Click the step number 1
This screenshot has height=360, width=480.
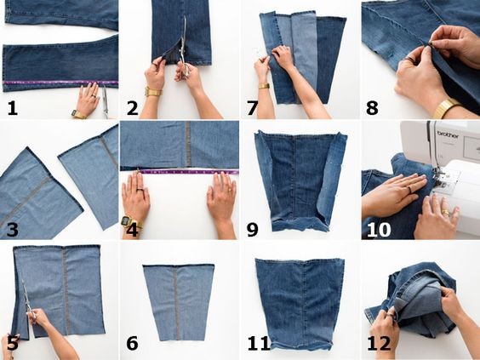tap(12, 108)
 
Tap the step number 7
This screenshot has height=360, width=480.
tap(252, 108)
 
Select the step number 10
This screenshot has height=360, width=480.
tap(379, 230)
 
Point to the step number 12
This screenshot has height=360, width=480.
tap(379, 344)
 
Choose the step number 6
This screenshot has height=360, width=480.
tap(132, 344)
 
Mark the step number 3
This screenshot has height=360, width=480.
tap(12, 230)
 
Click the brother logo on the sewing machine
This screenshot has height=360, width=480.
tap(448, 134)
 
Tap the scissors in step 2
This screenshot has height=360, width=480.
tap(184, 46)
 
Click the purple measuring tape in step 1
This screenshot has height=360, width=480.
tap(60, 83)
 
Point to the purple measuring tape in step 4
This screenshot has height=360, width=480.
tap(188, 172)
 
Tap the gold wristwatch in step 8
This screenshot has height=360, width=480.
tap(446, 109)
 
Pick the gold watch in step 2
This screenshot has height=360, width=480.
tap(153, 92)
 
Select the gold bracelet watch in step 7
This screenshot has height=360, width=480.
tap(264, 86)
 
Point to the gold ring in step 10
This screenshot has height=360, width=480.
tap(445, 213)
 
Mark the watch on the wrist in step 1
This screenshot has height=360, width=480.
tap(78, 115)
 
